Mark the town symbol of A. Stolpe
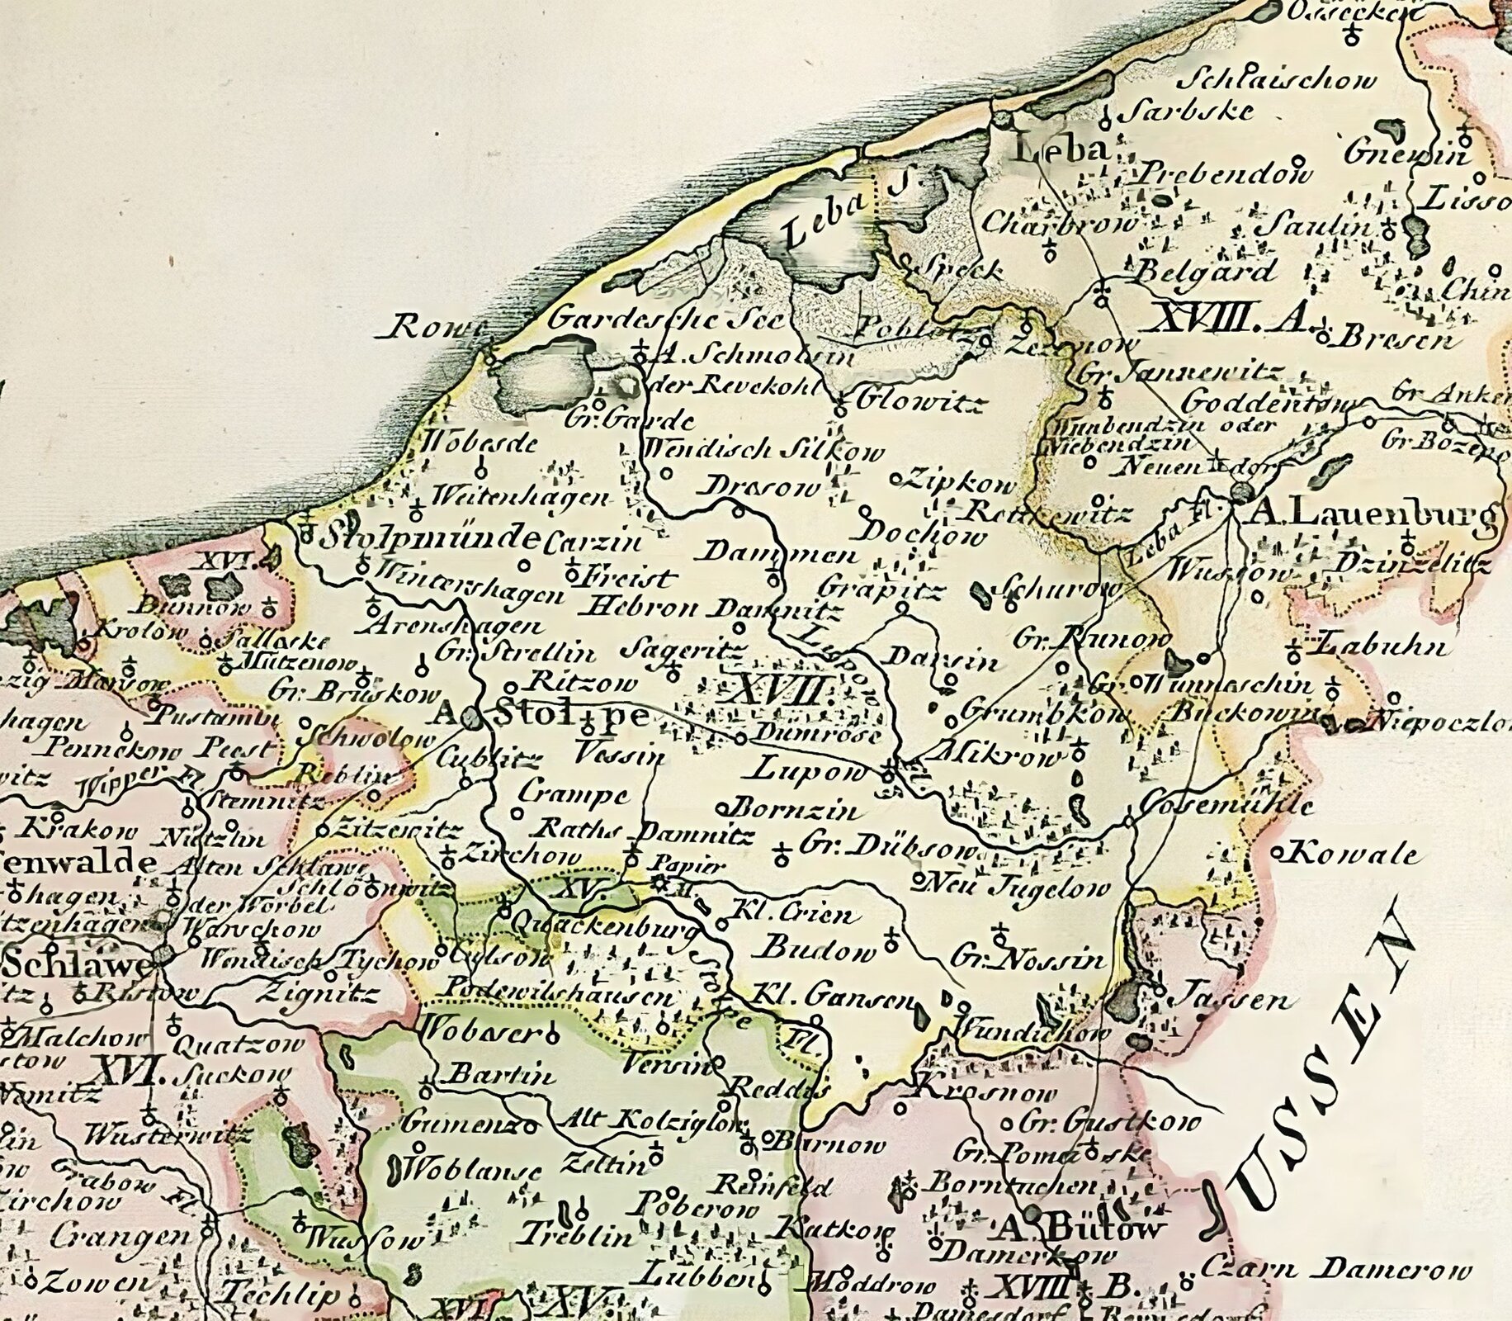coord(470,717)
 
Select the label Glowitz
coord(911,402)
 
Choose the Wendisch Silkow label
coord(763,451)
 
